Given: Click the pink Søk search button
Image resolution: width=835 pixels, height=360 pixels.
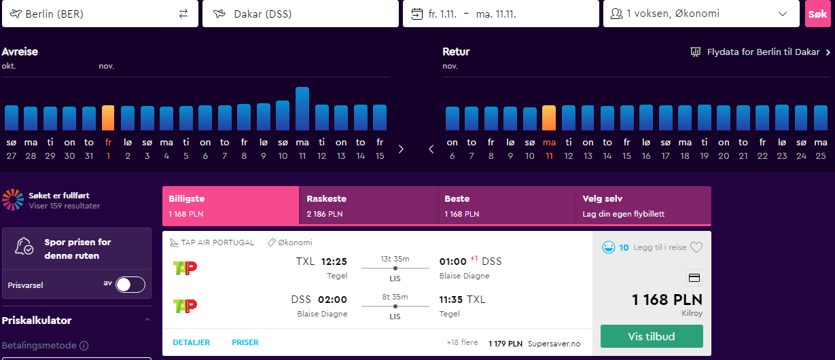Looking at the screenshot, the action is point(818,14).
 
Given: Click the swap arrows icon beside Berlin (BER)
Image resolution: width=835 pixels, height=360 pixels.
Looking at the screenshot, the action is point(183,14).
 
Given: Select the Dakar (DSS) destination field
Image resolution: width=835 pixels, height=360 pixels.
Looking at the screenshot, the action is point(300,14).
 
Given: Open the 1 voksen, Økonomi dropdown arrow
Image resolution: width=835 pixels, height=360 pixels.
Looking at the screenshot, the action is point(783,14).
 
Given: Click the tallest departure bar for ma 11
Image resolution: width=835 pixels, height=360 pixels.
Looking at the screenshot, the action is point(302,109).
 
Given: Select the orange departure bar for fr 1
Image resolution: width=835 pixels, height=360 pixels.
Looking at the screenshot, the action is point(108,118).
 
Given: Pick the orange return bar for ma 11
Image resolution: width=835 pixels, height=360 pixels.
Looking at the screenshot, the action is point(549,118).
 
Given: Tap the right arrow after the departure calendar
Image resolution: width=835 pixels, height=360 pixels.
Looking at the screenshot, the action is point(401,149).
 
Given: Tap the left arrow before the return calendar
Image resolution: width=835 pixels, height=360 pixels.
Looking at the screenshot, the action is point(431,149).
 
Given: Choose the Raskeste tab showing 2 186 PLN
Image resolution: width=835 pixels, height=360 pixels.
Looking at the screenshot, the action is point(368,206).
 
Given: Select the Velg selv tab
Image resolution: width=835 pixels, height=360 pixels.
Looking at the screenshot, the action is point(643,206).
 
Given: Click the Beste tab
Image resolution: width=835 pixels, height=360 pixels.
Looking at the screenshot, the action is point(506,206).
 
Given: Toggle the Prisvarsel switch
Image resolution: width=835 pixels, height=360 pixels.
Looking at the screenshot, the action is point(130,285).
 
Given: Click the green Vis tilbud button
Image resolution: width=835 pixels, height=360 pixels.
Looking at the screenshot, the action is point(652,336).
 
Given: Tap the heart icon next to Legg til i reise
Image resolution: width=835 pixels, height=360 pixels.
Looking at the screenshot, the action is point(696,247).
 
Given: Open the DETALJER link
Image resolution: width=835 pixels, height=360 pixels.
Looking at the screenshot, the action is point(191,342).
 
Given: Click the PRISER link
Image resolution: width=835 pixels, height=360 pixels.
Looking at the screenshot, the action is point(245,342).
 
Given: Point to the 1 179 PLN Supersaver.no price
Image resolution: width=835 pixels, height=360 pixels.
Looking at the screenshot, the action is point(534,344).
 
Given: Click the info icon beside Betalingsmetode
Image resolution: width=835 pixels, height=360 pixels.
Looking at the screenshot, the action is point(84,346).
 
